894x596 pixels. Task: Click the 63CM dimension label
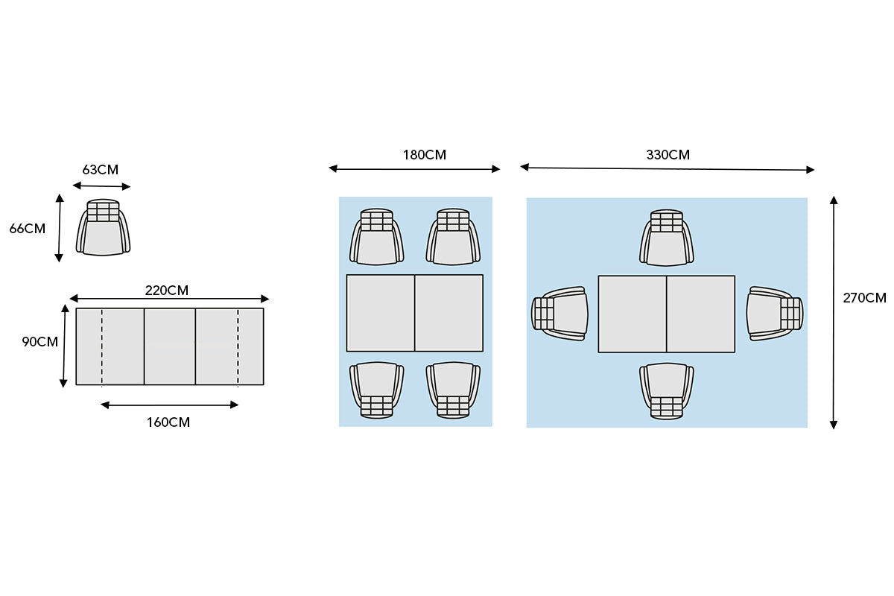[100, 170]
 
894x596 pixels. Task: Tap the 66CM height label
[27, 228]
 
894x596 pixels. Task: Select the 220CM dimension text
[166, 291]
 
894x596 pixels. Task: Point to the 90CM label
[40, 342]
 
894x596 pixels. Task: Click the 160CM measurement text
[168, 422]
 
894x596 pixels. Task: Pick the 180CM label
[424, 154]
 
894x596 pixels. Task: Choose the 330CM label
[668, 154]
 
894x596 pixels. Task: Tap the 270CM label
[864, 298]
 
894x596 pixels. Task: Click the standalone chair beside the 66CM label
[103, 227]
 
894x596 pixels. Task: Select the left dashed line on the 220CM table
[102, 346]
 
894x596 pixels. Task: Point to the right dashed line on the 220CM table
[238, 346]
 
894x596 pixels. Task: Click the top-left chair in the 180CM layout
[376, 237]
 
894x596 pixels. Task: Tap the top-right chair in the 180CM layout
[453, 237]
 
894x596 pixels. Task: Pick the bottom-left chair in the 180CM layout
[376, 390]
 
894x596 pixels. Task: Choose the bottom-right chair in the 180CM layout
[453, 390]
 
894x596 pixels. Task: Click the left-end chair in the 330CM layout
[559, 314]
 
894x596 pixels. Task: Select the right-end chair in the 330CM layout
[775, 314]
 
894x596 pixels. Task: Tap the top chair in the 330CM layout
[667, 238]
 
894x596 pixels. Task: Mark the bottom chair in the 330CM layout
[667, 391]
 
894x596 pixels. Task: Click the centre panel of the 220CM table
[170, 346]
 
